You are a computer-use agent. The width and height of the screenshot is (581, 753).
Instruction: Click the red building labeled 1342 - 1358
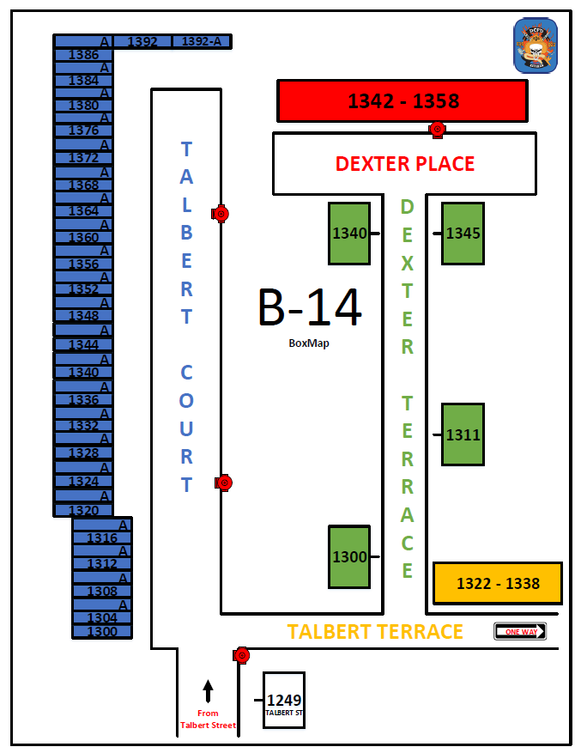(402, 100)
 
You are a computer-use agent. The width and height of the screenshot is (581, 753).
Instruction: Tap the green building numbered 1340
(349, 234)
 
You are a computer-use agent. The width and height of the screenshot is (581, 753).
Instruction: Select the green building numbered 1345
(463, 234)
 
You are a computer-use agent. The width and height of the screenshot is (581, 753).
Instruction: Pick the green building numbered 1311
(463, 434)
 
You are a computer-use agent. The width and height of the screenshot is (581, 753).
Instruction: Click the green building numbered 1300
(349, 557)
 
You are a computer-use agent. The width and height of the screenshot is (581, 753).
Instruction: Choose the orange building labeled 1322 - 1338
(498, 584)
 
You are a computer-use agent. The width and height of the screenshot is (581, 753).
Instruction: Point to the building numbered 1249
(283, 701)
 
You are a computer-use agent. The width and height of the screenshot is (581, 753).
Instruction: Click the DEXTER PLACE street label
(404, 163)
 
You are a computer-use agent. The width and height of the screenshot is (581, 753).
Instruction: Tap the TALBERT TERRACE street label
(375, 632)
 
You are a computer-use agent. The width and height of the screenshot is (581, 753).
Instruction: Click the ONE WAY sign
(520, 632)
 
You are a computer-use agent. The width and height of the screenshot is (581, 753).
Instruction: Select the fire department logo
(535, 46)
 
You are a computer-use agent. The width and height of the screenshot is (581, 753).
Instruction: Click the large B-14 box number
(309, 307)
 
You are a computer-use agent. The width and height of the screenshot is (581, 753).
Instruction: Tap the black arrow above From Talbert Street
(208, 690)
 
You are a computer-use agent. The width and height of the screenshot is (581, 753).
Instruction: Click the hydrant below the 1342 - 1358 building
(437, 130)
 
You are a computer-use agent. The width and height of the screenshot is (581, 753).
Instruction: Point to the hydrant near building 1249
(241, 656)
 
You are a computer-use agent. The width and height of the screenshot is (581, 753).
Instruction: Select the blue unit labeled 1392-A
(202, 41)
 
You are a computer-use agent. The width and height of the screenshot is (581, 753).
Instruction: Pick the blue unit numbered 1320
(83, 510)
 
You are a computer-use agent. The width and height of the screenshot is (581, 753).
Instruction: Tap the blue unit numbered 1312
(102, 564)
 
